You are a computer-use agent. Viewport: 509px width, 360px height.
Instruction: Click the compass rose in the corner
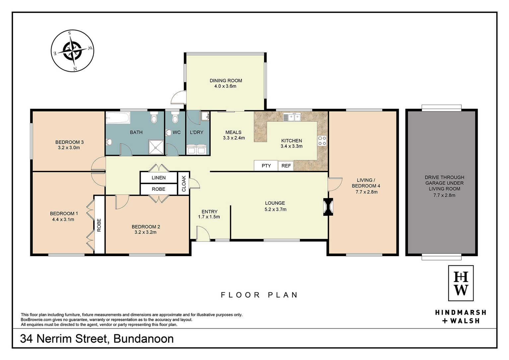tap(72, 51)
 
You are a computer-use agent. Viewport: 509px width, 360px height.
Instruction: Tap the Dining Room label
tap(226, 81)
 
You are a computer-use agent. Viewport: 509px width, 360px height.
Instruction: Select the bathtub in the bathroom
tap(118, 117)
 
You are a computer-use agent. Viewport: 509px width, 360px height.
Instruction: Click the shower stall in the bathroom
tap(156, 147)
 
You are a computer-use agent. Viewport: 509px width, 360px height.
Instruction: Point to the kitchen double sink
tap(292, 117)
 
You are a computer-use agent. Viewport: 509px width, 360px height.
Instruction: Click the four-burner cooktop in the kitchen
tap(322, 141)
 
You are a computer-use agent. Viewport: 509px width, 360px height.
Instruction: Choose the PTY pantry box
tap(266, 166)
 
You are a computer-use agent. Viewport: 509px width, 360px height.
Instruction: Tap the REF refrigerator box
tap(286, 166)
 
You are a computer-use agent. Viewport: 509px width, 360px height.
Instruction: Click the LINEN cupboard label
tap(159, 178)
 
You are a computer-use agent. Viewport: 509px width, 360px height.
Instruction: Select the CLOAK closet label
tap(184, 183)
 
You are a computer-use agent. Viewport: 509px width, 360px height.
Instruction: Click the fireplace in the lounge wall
tap(328, 207)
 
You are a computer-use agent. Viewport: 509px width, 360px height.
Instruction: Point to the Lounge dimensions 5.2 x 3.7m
tap(275, 209)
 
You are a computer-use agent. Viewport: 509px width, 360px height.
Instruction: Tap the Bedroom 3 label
tap(69, 142)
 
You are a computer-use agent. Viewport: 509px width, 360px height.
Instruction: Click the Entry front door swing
tap(203, 233)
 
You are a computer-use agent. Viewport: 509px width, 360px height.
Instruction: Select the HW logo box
tap(461, 283)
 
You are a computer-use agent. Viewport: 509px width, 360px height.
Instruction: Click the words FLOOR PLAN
tap(259, 295)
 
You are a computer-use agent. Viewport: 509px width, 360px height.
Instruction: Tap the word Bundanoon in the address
tap(143, 339)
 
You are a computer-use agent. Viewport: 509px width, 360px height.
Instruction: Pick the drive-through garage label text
tap(444, 183)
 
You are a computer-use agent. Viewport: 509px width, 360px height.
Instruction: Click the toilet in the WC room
tap(175, 117)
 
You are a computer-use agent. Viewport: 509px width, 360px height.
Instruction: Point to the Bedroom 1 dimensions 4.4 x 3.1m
tap(63, 220)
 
